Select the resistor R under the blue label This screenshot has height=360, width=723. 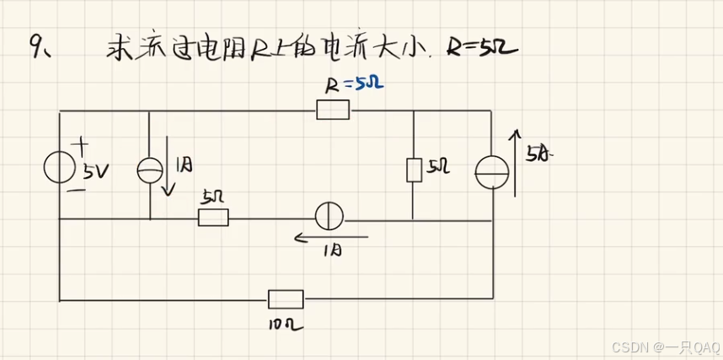[333, 110]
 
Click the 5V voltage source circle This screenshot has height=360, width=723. [59, 168]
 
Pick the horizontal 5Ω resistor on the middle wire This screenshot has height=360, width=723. [213, 218]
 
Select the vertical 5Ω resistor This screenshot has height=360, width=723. [414, 169]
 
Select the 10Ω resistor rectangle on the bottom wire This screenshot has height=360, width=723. [286, 299]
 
